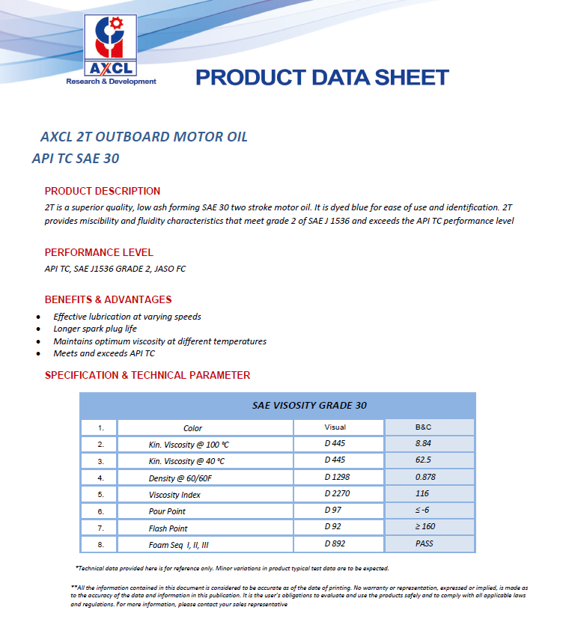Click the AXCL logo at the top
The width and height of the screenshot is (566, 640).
tap(112, 49)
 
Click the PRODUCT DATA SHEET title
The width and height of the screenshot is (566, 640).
tap(322, 77)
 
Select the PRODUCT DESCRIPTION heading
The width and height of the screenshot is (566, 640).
tap(103, 191)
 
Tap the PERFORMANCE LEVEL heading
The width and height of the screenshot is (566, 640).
tap(99, 252)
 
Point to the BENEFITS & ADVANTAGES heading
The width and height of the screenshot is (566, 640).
tap(108, 299)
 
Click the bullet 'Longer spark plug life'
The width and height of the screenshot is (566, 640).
tap(95, 329)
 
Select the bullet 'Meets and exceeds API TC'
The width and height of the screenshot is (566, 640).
tap(104, 353)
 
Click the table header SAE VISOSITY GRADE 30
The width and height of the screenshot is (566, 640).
tap(309, 405)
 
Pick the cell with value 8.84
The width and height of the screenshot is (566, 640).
tap(424, 443)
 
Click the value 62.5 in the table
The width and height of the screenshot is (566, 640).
tap(424, 460)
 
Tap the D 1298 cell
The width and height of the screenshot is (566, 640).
tap(337, 477)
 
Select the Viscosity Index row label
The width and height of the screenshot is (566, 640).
tap(174, 495)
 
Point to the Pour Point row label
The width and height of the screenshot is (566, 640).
tap(167, 511)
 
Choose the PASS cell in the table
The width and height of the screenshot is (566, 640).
tap(425, 545)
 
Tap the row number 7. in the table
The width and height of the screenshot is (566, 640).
tap(100, 528)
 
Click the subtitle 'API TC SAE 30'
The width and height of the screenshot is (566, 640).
tap(76, 159)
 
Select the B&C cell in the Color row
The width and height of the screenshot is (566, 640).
tap(424, 427)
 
